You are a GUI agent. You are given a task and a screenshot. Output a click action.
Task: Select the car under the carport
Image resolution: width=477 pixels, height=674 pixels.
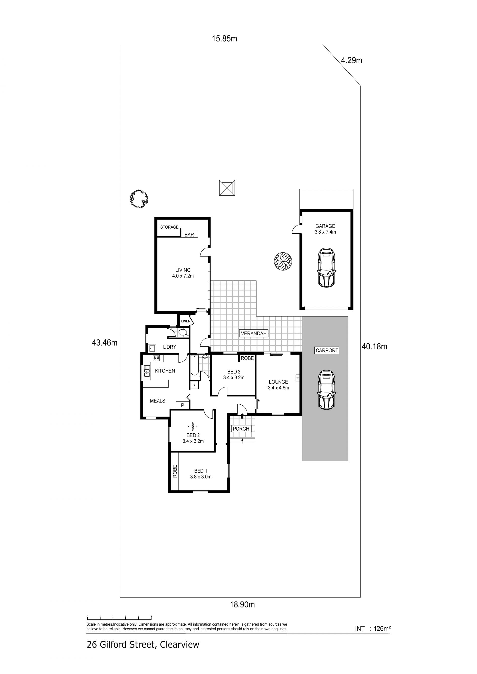point(326,390)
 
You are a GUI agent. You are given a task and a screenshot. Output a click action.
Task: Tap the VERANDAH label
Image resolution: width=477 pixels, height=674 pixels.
point(254,333)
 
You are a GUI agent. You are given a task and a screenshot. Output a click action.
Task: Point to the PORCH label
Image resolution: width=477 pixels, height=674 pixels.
point(241,429)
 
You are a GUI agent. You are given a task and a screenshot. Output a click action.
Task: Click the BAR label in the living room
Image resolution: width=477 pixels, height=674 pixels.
point(189,235)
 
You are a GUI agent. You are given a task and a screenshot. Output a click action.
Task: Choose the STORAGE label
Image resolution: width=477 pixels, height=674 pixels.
point(169,227)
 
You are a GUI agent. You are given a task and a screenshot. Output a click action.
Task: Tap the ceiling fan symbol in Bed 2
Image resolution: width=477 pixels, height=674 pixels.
point(193,426)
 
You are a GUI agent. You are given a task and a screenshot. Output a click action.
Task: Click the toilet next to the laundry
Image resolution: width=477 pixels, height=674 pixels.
point(183,333)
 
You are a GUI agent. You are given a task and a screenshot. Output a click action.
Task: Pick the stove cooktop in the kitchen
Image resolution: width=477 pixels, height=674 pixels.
point(156,358)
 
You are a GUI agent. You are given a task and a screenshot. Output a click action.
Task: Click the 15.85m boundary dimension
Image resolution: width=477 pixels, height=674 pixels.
point(224,39)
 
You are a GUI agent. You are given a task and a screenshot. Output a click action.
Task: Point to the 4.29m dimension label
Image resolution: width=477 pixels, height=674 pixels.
point(351,61)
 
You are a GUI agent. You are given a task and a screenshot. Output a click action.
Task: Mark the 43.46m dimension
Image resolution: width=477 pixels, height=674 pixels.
point(105,343)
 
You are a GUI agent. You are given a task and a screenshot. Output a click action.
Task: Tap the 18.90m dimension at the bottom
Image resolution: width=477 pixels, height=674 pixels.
point(242,605)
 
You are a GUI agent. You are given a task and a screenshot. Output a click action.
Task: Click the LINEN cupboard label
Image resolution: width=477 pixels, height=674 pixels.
point(186,321)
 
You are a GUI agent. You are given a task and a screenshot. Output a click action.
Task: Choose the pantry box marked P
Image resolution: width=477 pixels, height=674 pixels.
point(182,405)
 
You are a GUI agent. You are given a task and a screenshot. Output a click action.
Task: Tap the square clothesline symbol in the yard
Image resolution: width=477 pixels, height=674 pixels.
point(227,188)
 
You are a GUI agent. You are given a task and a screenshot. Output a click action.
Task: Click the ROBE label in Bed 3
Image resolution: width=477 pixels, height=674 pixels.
point(247,358)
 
